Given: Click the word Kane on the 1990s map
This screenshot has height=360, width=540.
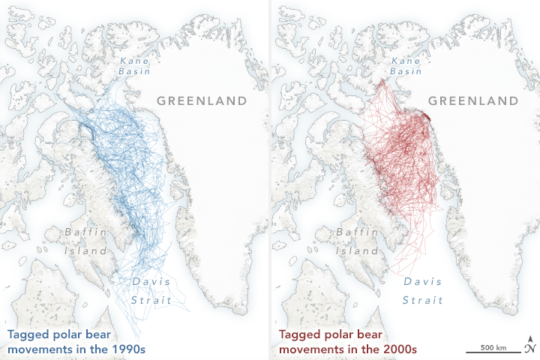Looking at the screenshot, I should (x=134, y=58).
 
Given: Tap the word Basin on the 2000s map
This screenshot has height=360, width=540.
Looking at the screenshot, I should (x=406, y=71).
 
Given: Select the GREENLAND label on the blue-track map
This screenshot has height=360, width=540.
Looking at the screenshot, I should (x=201, y=100).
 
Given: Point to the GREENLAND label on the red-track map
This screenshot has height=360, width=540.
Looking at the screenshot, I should (x=473, y=100).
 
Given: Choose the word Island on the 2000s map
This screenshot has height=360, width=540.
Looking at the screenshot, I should (x=358, y=250).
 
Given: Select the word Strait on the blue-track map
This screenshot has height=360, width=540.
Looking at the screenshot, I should (x=152, y=299).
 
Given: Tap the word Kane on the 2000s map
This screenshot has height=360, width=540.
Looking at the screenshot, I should (x=406, y=58).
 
